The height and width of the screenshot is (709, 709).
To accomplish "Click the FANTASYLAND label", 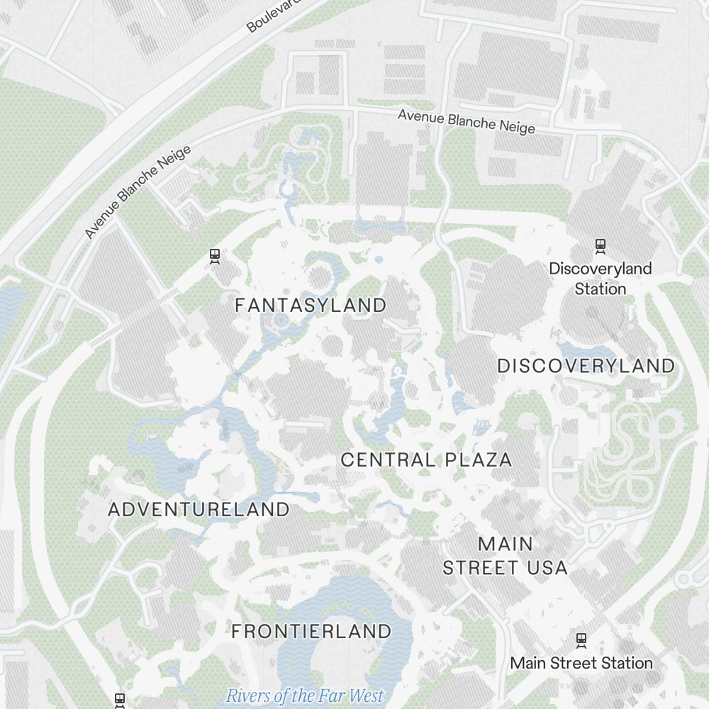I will tap(311, 306).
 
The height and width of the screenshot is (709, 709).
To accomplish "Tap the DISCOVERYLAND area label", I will tap(586, 366).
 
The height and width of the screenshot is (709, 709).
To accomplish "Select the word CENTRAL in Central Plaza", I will tap(389, 459).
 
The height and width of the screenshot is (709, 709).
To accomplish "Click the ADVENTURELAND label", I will tap(199, 509).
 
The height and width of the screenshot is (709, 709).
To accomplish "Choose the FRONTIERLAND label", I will tap(311, 631).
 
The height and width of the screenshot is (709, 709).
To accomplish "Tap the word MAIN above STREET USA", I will tap(506, 545).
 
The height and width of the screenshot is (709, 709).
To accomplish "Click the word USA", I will tap(547, 568).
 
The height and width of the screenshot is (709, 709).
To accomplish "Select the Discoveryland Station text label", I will tap(601, 279).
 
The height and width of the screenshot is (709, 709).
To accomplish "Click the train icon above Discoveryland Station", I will tap(601, 246).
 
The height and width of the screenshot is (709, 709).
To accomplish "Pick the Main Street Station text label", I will tap(581, 663).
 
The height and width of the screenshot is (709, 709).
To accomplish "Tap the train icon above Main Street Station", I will tap(581, 639).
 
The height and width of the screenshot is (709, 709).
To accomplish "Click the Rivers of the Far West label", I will tap(305, 696).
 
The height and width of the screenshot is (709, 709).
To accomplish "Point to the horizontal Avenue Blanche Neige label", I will tap(466, 121).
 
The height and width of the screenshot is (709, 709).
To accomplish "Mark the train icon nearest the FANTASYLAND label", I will tap(215, 256).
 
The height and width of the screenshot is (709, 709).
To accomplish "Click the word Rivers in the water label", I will tap(248, 696).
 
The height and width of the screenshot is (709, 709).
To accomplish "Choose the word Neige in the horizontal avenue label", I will tap(515, 127).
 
